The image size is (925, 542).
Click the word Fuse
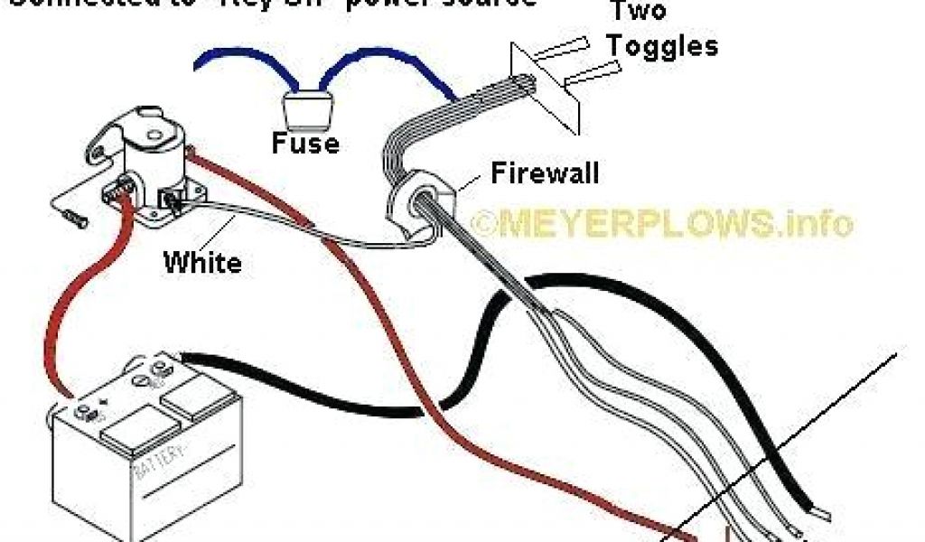(306, 143)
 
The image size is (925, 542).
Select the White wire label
(202, 263)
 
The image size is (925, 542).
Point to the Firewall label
(544, 173)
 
